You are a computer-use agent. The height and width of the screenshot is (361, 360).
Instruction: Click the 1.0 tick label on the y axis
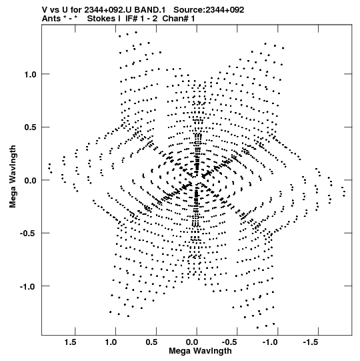click(31, 74)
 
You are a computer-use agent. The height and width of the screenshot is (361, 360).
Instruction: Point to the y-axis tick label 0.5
click(31, 127)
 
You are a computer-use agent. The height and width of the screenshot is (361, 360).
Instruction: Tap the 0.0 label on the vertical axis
click(31, 180)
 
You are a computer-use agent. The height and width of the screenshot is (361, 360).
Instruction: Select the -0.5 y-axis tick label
click(29, 234)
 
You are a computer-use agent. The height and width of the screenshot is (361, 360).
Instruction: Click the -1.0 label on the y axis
click(29, 286)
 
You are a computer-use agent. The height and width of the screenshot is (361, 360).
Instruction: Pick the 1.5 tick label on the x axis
click(71, 342)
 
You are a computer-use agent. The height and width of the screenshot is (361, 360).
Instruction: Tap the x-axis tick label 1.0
click(111, 342)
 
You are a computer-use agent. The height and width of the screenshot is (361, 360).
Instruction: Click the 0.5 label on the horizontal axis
click(151, 342)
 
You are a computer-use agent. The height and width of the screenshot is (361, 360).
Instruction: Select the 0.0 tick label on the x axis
click(192, 342)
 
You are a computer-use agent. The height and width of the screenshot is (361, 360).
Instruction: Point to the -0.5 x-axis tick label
click(231, 342)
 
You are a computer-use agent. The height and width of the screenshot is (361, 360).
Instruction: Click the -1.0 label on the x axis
click(271, 342)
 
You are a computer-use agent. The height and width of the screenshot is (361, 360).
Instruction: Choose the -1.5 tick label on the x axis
click(312, 342)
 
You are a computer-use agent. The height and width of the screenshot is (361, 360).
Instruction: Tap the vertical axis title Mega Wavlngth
click(13, 177)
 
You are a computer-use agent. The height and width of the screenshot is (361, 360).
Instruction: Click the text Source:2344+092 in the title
click(209, 10)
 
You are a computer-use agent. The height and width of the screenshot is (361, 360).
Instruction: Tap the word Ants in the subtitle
click(51, 19)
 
